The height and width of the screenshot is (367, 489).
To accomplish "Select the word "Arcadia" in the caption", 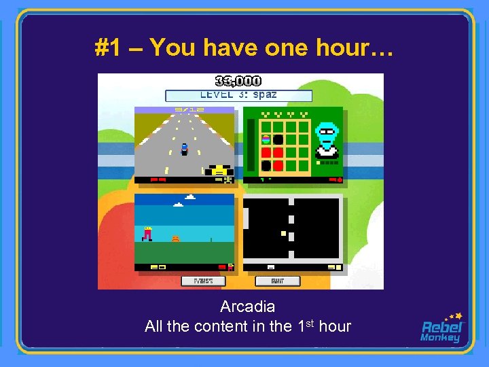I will [247, 307].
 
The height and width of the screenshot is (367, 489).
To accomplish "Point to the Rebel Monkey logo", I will [442, 328].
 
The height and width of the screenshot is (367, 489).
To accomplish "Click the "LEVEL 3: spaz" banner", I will [238, 96].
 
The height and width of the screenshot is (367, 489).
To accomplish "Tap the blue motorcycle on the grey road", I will [184, 149].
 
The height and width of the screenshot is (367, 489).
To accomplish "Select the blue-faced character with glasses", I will [327, 139].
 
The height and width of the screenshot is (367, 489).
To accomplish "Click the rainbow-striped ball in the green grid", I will [266, 139].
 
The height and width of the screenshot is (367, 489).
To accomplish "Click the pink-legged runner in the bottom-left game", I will [147, 234].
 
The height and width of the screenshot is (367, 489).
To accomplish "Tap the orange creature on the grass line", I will [175, 239].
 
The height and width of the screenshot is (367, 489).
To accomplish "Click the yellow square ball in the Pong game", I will [283, 233].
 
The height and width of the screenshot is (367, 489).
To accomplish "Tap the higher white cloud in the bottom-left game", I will [189, 197].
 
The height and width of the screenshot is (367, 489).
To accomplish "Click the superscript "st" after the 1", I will [313, 322].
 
